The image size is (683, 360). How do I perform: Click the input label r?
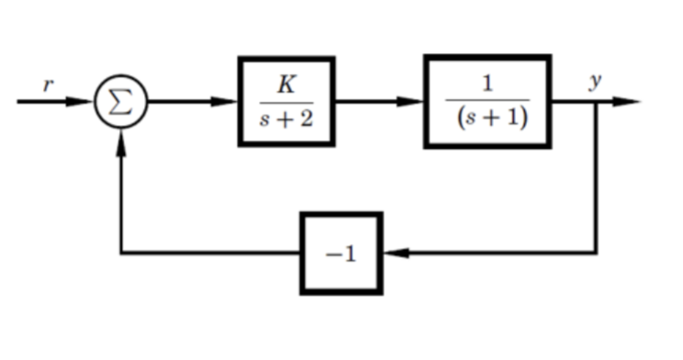tap(50, 85)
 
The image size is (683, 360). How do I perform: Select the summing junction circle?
tap(121, 102)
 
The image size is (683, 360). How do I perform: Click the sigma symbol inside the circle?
tap(121, 102)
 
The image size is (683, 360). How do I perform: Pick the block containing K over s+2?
tap(286, 101)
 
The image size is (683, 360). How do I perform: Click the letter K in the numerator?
tap(286, 85)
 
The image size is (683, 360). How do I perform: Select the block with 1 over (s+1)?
tap(487, 101)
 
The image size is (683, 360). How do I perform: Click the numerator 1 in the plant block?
tap(487, 84)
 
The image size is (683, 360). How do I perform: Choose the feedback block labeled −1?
tap(341, 253)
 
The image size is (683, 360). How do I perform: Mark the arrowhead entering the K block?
tap(228, 102)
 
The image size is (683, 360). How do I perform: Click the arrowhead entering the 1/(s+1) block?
tap(414, 102)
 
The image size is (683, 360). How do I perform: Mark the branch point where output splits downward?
tap(598, 102)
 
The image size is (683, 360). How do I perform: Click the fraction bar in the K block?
tap(286, 102)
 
